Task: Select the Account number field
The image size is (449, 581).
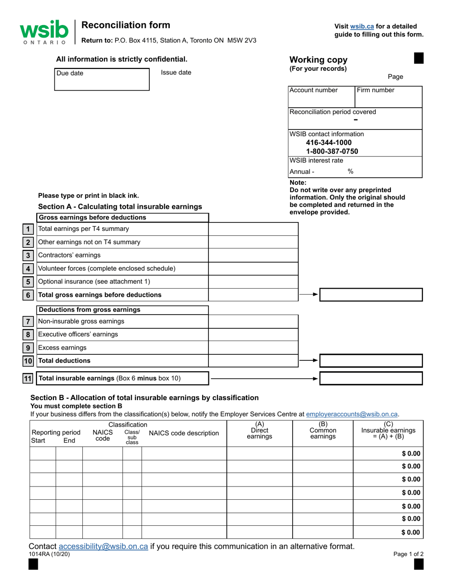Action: (x=321, y=96)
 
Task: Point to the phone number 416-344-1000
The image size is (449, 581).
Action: (x=329, y=142)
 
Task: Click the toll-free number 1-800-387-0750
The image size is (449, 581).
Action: (x=332, y=151)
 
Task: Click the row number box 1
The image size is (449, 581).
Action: (x=28, y=229)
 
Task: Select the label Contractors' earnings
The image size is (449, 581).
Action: (x=69, y=255)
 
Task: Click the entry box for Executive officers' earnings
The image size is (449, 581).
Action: (x=253, y=334)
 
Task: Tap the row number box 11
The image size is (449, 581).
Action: (x=28, y=378)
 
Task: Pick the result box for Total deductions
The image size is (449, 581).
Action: (x=371, y=360)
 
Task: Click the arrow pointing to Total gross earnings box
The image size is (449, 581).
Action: (x=309, y=294)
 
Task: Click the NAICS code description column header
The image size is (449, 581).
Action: (x=184, y=433)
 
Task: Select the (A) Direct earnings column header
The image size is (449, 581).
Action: (x=259, y=430)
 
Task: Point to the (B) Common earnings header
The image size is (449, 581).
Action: (x=323, y=430)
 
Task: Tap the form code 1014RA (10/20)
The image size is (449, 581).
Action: (x=49, y=555)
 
